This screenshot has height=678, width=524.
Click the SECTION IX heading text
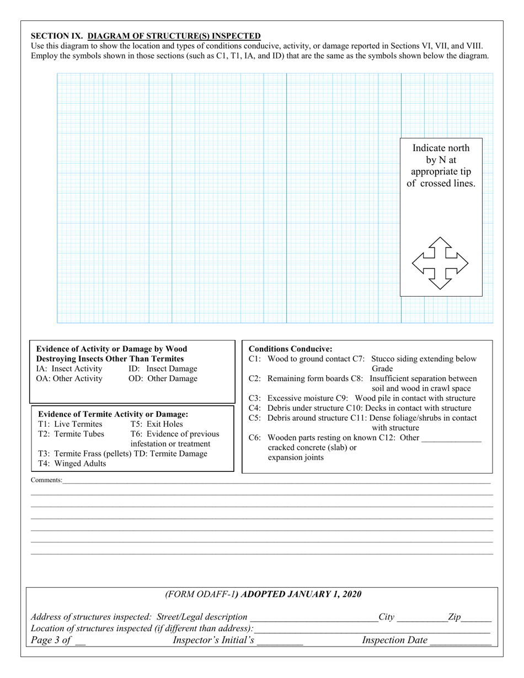coord(146,36)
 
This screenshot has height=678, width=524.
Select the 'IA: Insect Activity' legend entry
coord(69,369)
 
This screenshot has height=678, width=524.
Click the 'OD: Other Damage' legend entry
coord(163,379)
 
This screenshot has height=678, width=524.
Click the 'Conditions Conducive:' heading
coord(291,349)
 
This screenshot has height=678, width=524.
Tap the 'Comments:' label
coord(46,481)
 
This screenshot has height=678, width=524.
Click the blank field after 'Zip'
coord(477,617)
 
